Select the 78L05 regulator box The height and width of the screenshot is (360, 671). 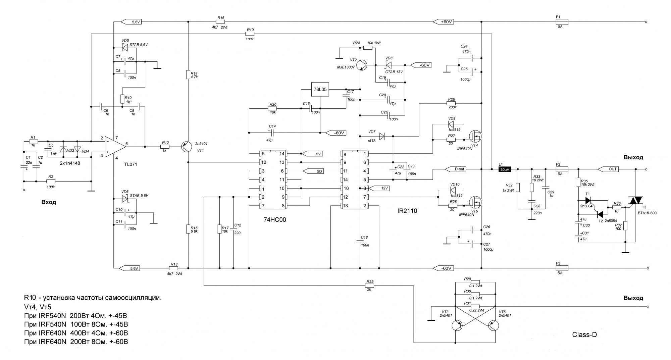[320, 90]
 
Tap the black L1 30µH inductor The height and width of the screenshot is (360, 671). [504, 169]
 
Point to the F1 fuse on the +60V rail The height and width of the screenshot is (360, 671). [560, 22]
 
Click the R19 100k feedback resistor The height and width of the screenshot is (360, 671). [250, 34]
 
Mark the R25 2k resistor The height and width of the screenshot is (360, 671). [370, 286]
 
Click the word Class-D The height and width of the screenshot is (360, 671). [584, 335]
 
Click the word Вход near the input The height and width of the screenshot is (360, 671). [49, 202]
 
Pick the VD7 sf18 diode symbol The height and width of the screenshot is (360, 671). [382, 136]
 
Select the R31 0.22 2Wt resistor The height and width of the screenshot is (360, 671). [475, 306]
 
